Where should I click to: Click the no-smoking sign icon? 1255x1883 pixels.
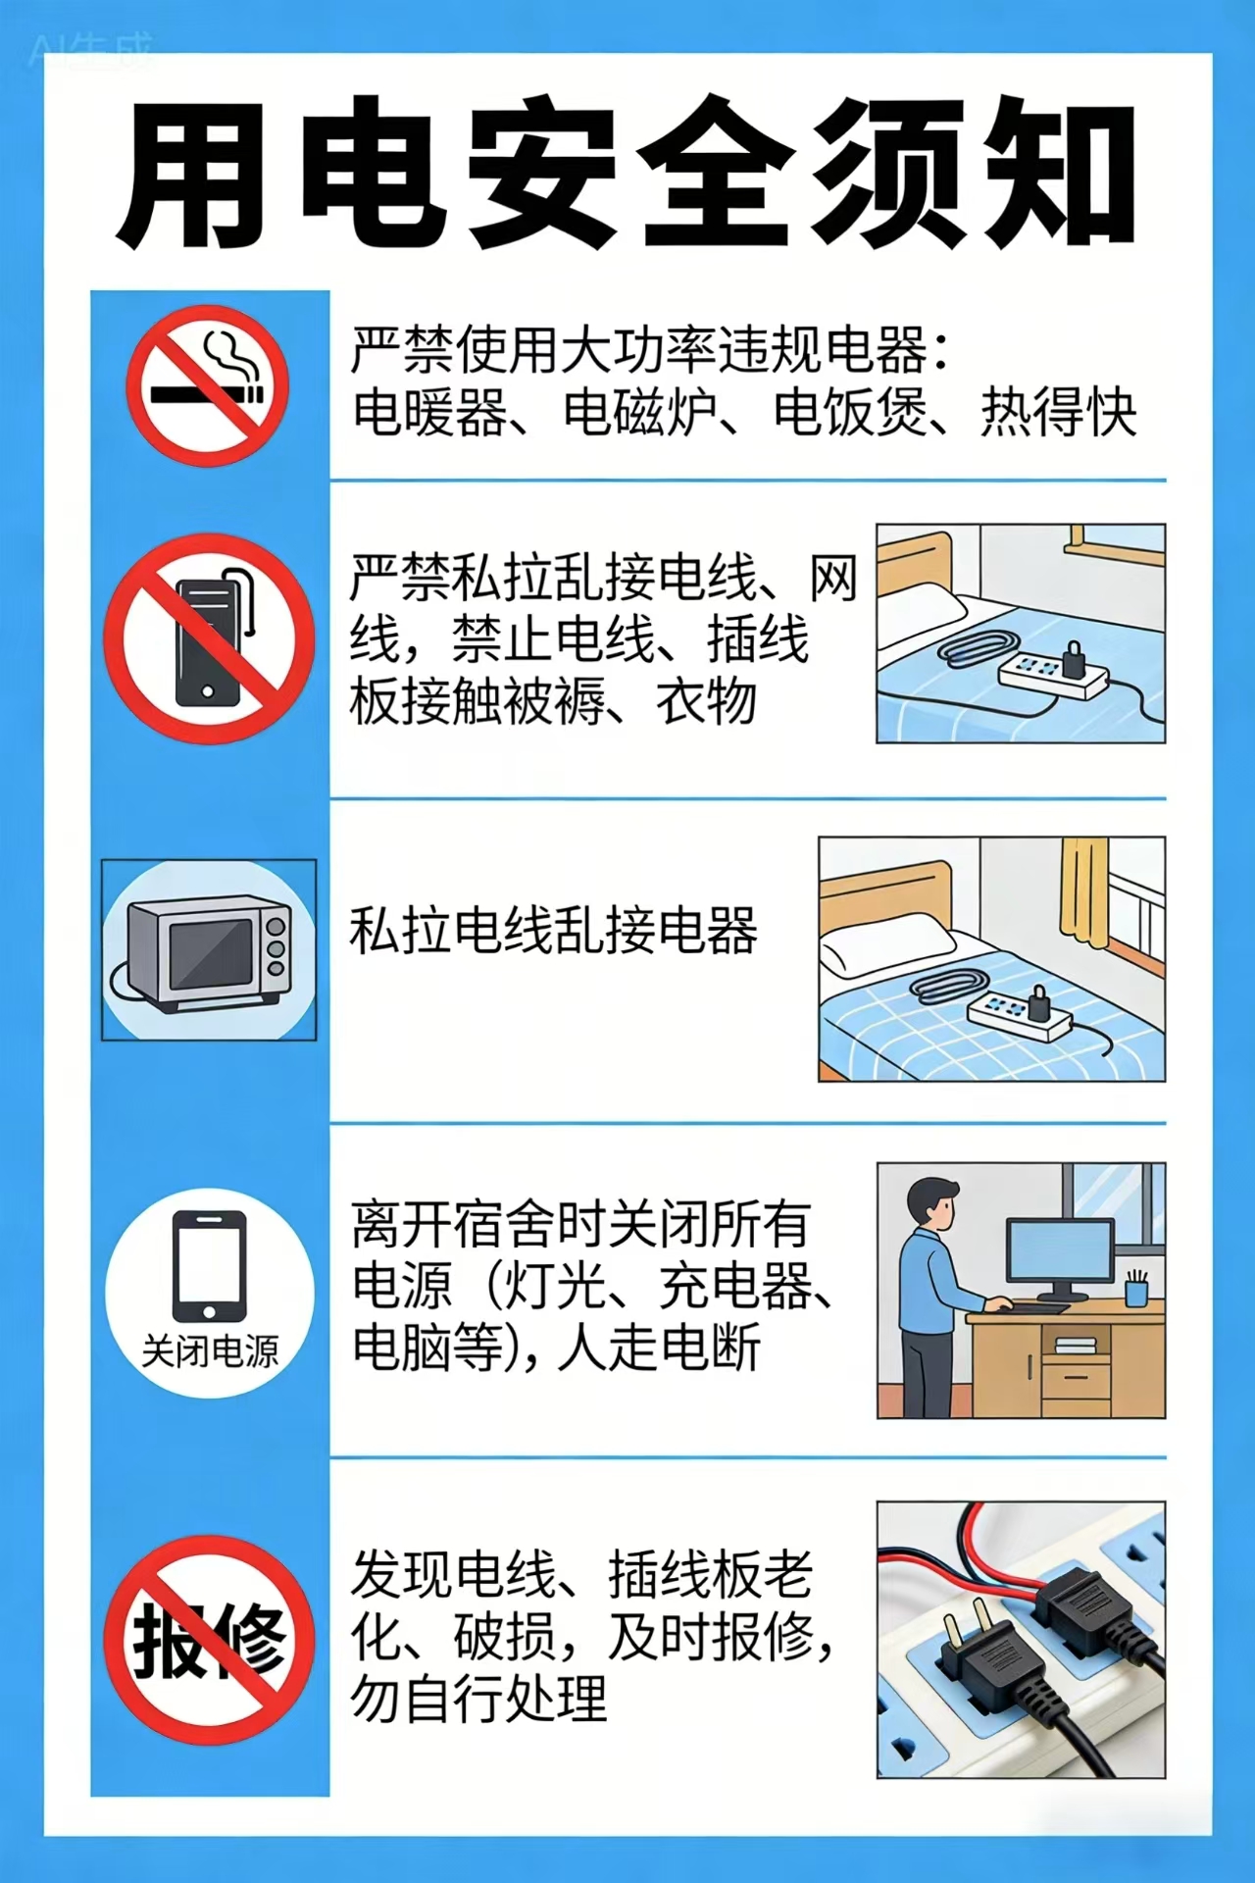tap(207, 385)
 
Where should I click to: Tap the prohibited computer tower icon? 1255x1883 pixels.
tap(209, 638)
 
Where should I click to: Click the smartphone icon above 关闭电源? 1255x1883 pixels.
tap(209, 1266)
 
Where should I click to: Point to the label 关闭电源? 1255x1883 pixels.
tap(210, 1352)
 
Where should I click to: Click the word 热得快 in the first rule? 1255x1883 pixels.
tap(1058, 413)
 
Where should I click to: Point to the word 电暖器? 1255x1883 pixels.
tap(429, 413)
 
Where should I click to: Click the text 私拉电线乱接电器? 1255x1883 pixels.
tap(554, 931)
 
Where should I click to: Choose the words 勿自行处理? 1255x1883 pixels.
tap(478, 1700)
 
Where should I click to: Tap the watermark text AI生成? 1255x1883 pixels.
tap(92, 51)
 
